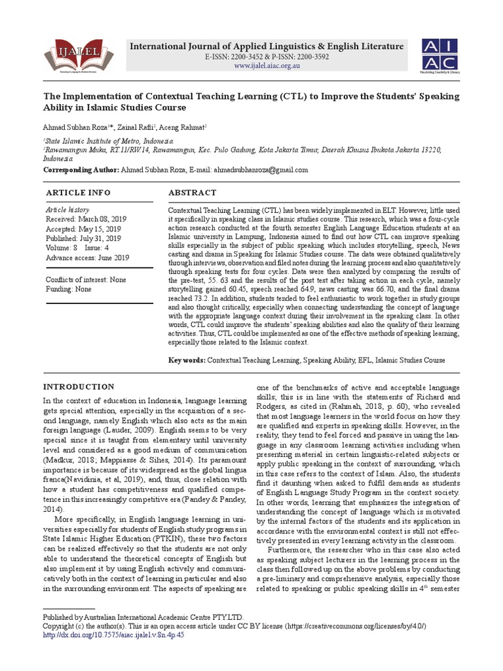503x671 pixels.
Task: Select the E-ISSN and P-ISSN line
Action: pos(268,57)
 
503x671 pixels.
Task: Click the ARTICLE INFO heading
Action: pos(78,193)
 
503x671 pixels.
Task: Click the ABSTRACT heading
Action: pos(193,193)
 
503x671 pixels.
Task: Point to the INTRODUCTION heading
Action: pos(79,387)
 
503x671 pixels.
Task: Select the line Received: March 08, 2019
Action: pos(84,220)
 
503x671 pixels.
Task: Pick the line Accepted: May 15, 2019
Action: pos(83,229)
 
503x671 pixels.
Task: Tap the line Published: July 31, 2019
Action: pos(83,239)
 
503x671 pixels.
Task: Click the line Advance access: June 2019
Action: pos(86,258)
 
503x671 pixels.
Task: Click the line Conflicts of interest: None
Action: pos(85,280)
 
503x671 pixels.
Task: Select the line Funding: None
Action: pos(69,289)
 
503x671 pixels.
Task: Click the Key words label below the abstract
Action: pos(187,360)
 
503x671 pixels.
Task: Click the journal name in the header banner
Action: pos(268,47)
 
